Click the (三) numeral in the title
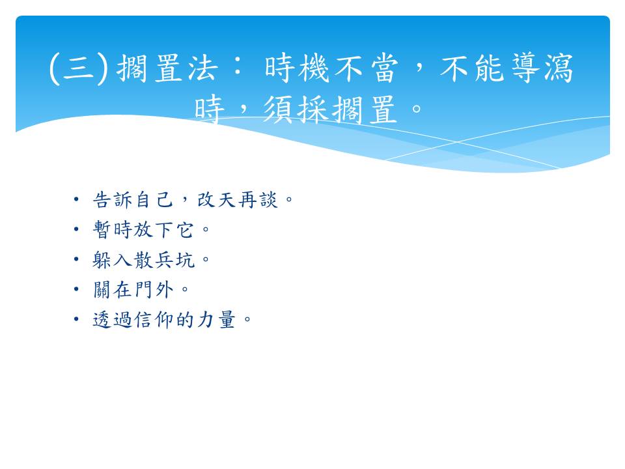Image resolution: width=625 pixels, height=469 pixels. (x=79, y=68)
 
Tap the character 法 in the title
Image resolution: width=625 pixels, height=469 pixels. (x=203, y=68)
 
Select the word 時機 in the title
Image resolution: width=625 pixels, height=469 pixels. (x=297, y=68)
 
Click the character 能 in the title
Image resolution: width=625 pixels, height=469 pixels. (x=490, y=68)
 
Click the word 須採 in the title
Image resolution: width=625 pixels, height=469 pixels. (x=296, y=109)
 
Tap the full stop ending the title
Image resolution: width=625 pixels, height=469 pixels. (x=417, y=109)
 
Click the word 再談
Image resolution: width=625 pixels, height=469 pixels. (x=258, y=199)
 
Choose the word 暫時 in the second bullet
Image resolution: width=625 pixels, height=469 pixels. (x=113, y=229)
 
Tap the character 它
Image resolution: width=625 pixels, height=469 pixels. (x=185, y=230)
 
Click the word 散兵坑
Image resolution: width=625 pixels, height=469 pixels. (x=164, y=260)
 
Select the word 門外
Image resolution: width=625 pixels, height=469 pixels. (x=154, y=289)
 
